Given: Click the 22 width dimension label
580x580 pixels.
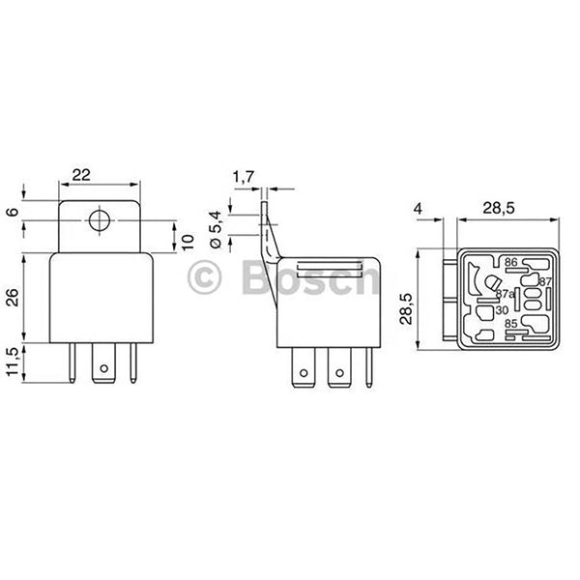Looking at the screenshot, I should pos(81,174).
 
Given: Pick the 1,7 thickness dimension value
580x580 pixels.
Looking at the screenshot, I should pos(244,175).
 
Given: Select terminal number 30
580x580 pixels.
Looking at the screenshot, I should pos(501,309).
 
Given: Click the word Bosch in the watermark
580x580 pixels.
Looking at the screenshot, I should pos(309,279).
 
